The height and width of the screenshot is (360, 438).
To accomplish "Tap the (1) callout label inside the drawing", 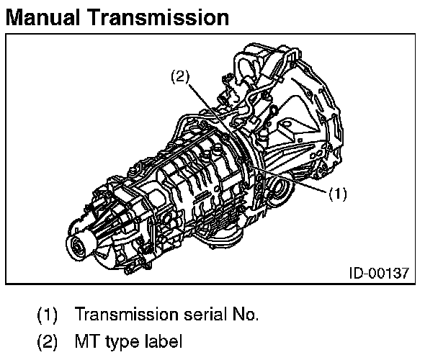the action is point(338,194).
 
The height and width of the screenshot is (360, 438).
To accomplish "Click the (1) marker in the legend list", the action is point(48,314).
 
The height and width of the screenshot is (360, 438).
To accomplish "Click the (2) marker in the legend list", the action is point(48,340).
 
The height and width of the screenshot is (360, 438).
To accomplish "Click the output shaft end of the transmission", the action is point(77,248).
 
